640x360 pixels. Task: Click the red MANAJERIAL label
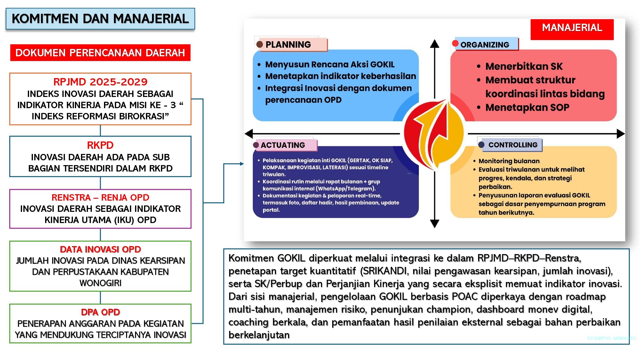(572, 28)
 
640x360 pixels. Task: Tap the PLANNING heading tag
(288, 44)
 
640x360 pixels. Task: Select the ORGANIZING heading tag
(484, 45)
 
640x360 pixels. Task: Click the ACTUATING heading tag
(283, 145)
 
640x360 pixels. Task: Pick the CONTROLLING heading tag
(513, 145)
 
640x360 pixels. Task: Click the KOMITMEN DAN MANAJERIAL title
(100, 19)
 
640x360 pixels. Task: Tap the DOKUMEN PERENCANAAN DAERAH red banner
(100, 53)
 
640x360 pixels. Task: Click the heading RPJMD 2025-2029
(100, 82)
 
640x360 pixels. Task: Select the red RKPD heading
(100, 145)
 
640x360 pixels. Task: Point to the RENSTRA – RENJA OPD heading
(100, 197)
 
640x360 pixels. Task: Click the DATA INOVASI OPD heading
(100, 249)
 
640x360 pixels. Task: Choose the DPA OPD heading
(100, 312)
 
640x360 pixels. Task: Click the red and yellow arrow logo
(434, 134)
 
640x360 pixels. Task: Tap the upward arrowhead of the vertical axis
(434, 44)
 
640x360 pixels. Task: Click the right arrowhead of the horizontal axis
(620, 134)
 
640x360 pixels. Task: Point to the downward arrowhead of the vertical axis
(434, 223)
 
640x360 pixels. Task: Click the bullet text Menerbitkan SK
(524, 66)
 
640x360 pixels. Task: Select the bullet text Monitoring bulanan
(509, 161)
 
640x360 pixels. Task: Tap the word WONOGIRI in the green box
(100, 283)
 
